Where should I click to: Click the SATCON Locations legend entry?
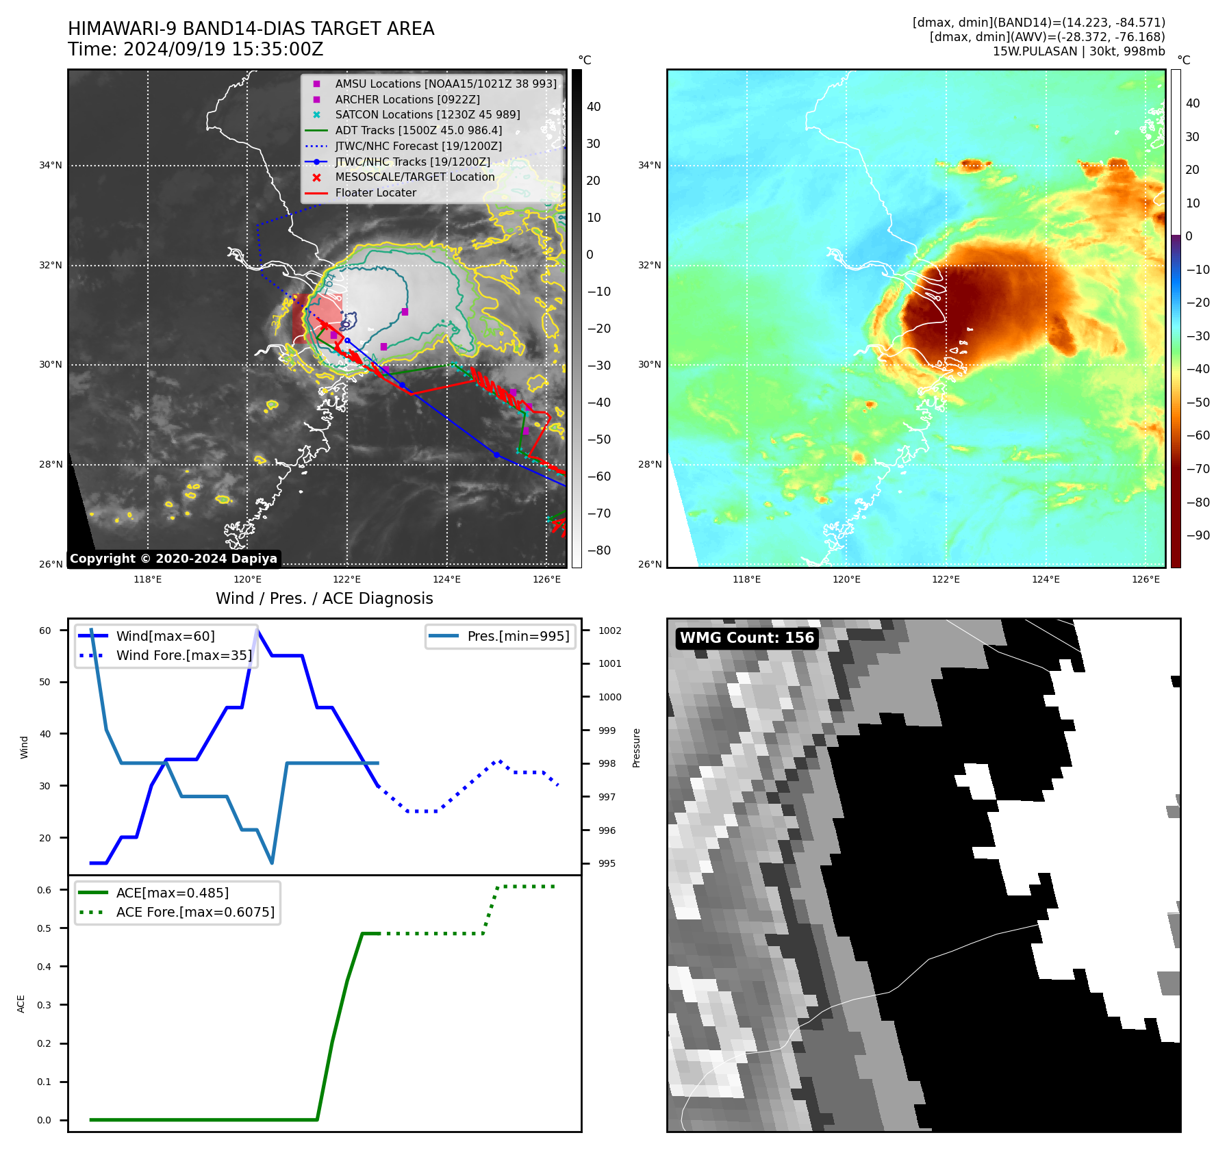click(427, 115)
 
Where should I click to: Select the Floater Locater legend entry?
click(375, 193)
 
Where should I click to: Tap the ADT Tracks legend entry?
click(418, 131)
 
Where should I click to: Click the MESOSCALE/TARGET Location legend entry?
click(414, 177)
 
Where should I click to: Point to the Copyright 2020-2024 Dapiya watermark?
click(173, 559)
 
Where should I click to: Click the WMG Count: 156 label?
click(746, 638)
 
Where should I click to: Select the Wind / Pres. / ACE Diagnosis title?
click(324, 598)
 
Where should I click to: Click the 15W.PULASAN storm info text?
click(1078, 51)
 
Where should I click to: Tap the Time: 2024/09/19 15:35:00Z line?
click(195, 50)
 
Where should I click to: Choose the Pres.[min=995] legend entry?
click(518, 637)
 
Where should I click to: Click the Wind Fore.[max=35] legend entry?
click(184, 656)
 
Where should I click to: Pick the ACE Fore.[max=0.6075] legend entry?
click(195, 913)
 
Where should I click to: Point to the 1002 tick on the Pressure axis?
click(609, 631)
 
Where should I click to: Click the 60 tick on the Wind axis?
click(45, 631)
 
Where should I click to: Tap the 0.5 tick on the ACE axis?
click(44, 929)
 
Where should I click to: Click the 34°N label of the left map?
click(50, 166)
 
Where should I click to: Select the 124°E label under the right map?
click(1046, 580)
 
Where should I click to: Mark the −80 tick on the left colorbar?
click(599, 550)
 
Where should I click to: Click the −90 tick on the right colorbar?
click(1198, 535)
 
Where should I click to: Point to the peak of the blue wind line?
click(257, 630)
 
